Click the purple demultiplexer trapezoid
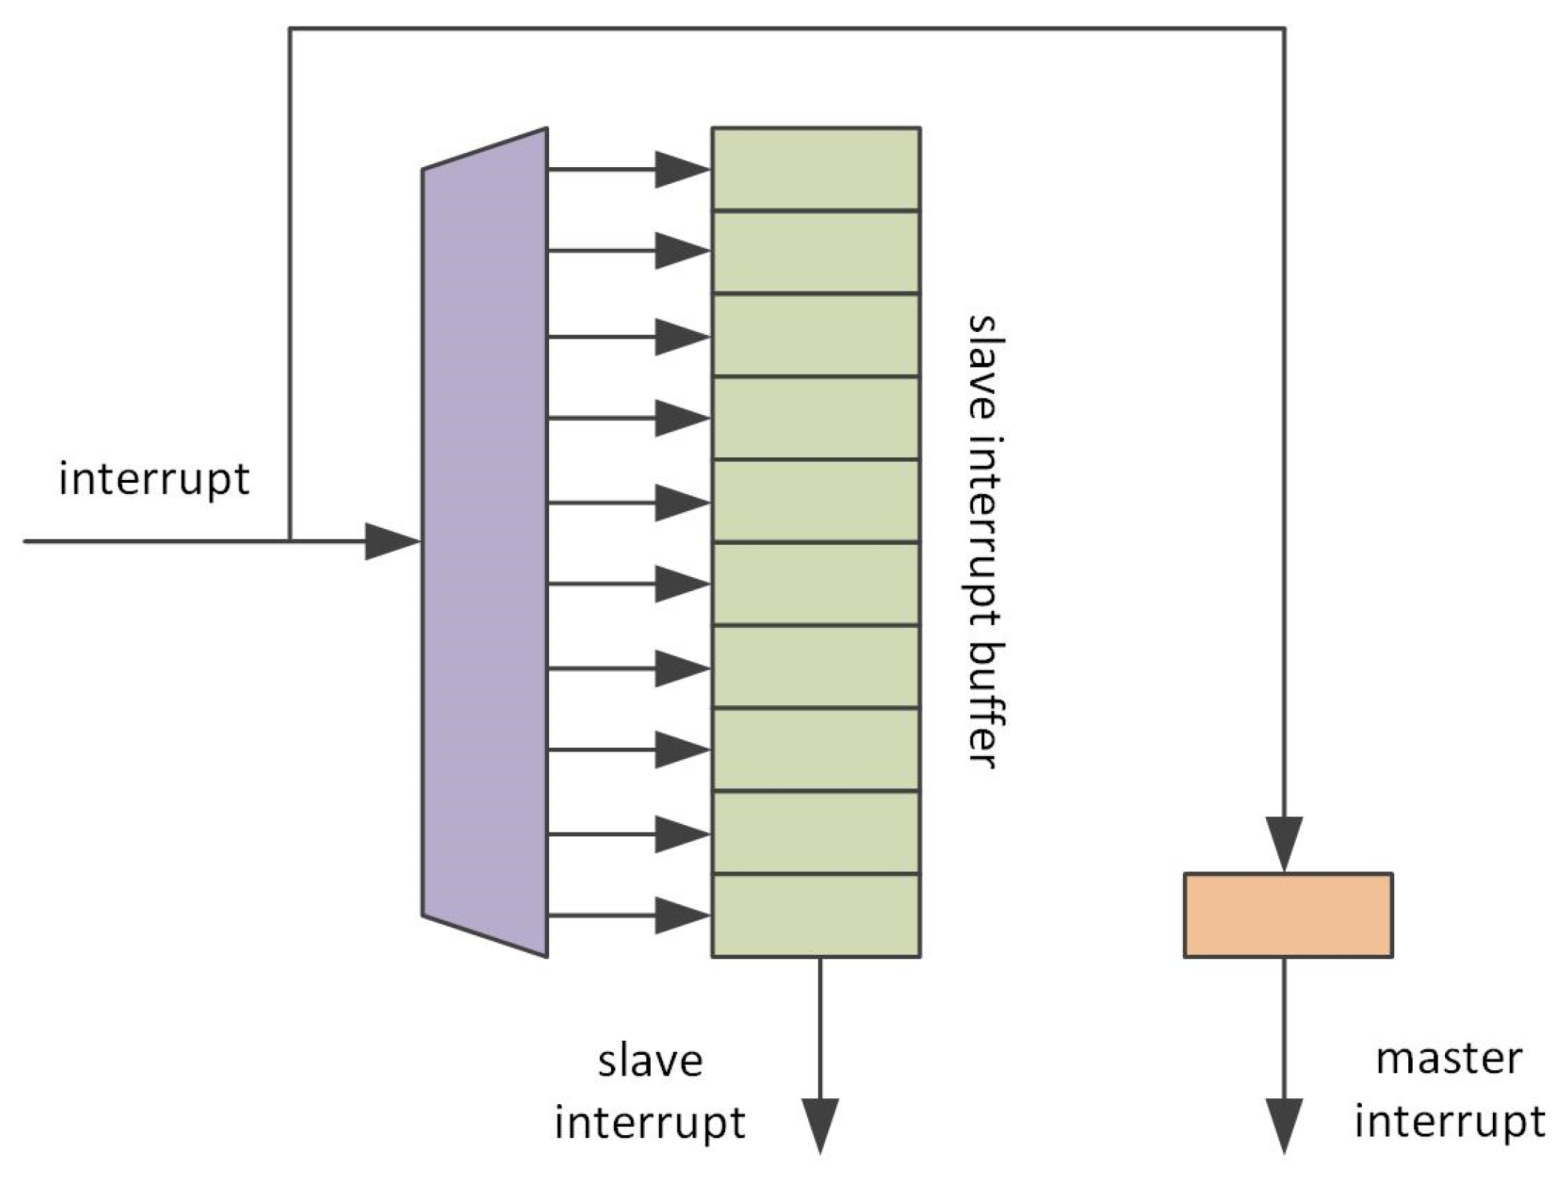[484, 543]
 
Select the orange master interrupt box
[1287, 914]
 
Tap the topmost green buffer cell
[815, 169]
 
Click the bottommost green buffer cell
[815, 915]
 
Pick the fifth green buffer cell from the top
[815, 501]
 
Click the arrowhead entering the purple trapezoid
[390, 542]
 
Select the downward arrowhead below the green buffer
[819, 1124]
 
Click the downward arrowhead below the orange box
[1284, 1124]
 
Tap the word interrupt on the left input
[154, 479]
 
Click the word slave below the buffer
[650, 1062]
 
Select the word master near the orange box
[1449, 1060]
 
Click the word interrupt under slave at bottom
[650, 1123]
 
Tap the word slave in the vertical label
[985, 366]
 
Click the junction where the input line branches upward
[290, 541]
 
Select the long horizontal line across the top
[788, 29]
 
